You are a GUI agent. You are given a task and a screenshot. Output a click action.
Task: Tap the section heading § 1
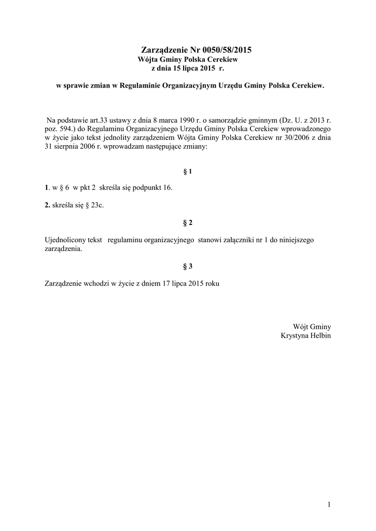pyautogui.click(x=188, y=171)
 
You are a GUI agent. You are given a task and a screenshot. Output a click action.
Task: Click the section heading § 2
pyautogui.click(x=188, y=223)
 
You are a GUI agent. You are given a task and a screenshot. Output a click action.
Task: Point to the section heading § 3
pyautogui.click(x=188, y=267)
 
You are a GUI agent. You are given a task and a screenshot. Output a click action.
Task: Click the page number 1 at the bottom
pyautogui.click(x=329, y=505)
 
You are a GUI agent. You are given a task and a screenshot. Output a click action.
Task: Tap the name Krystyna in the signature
pyautogui.click(x=294, y=336)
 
